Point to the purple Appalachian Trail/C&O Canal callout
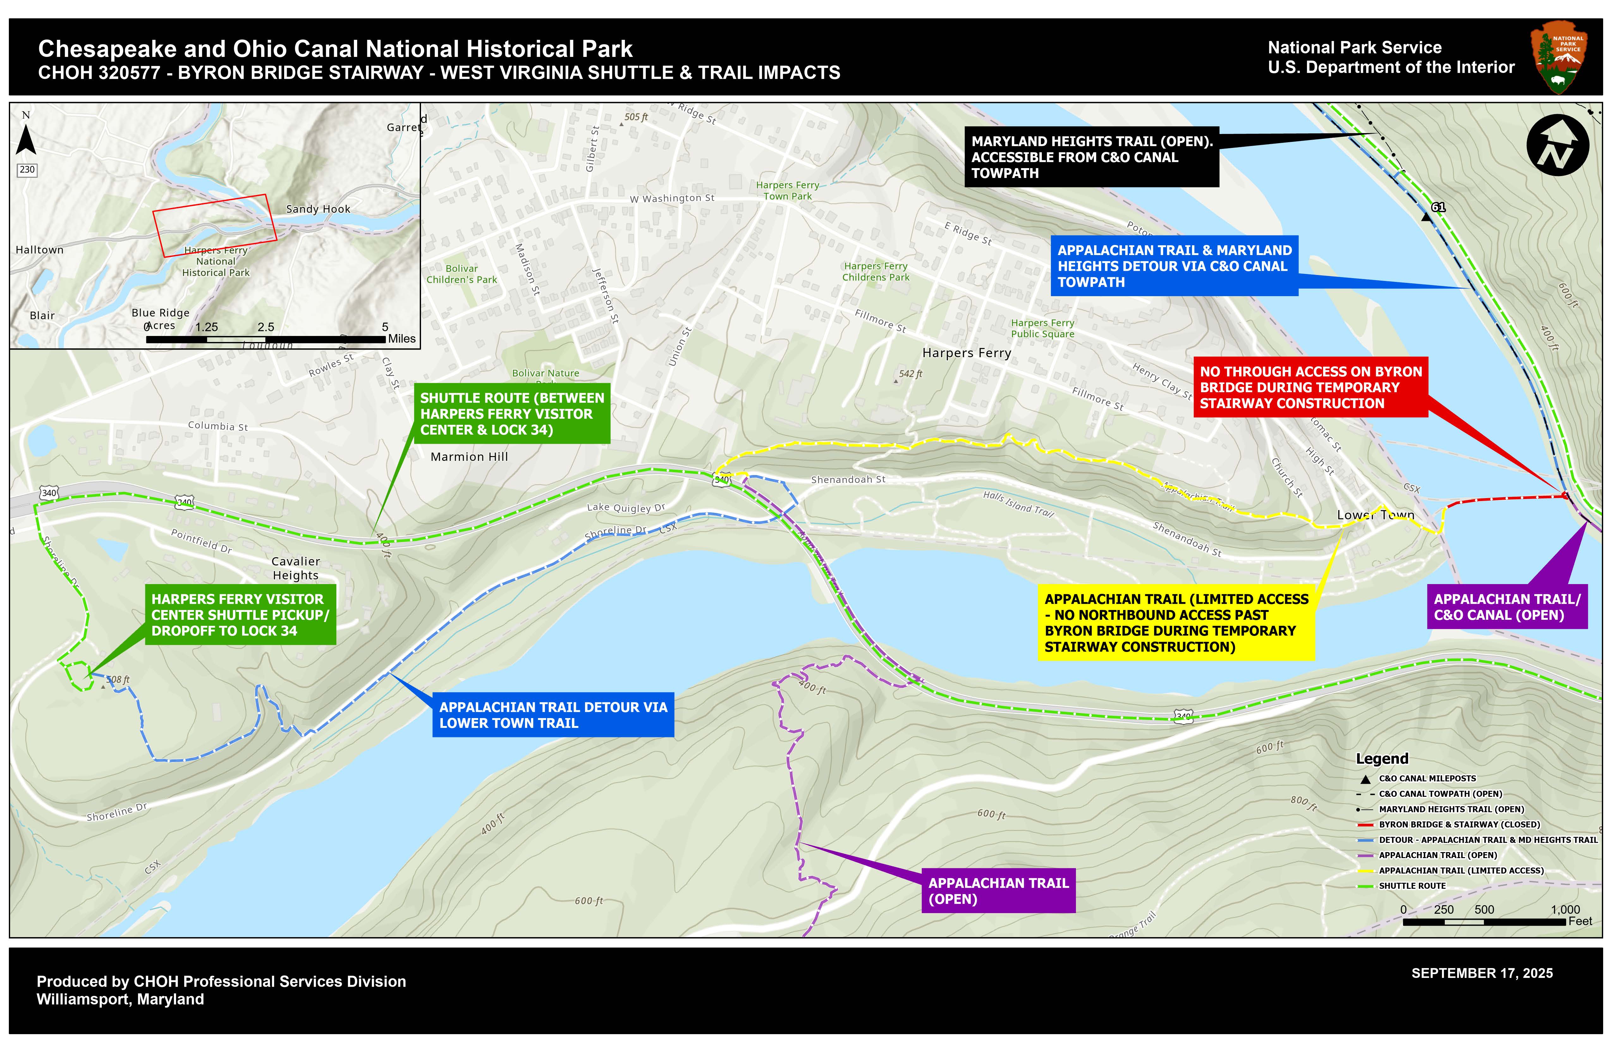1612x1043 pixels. pos(1506,607)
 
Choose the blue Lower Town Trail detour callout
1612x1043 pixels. pos(553,715)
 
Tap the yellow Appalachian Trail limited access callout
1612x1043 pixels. pos(1176,622)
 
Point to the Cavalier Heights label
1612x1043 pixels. pos(295,568)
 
